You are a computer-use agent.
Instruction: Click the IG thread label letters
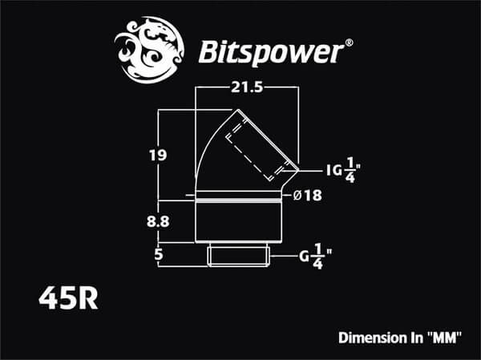tap(334, 170)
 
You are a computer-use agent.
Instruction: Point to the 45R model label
tap(68, 298)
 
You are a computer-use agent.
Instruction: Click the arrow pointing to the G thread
tap(285, 257)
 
